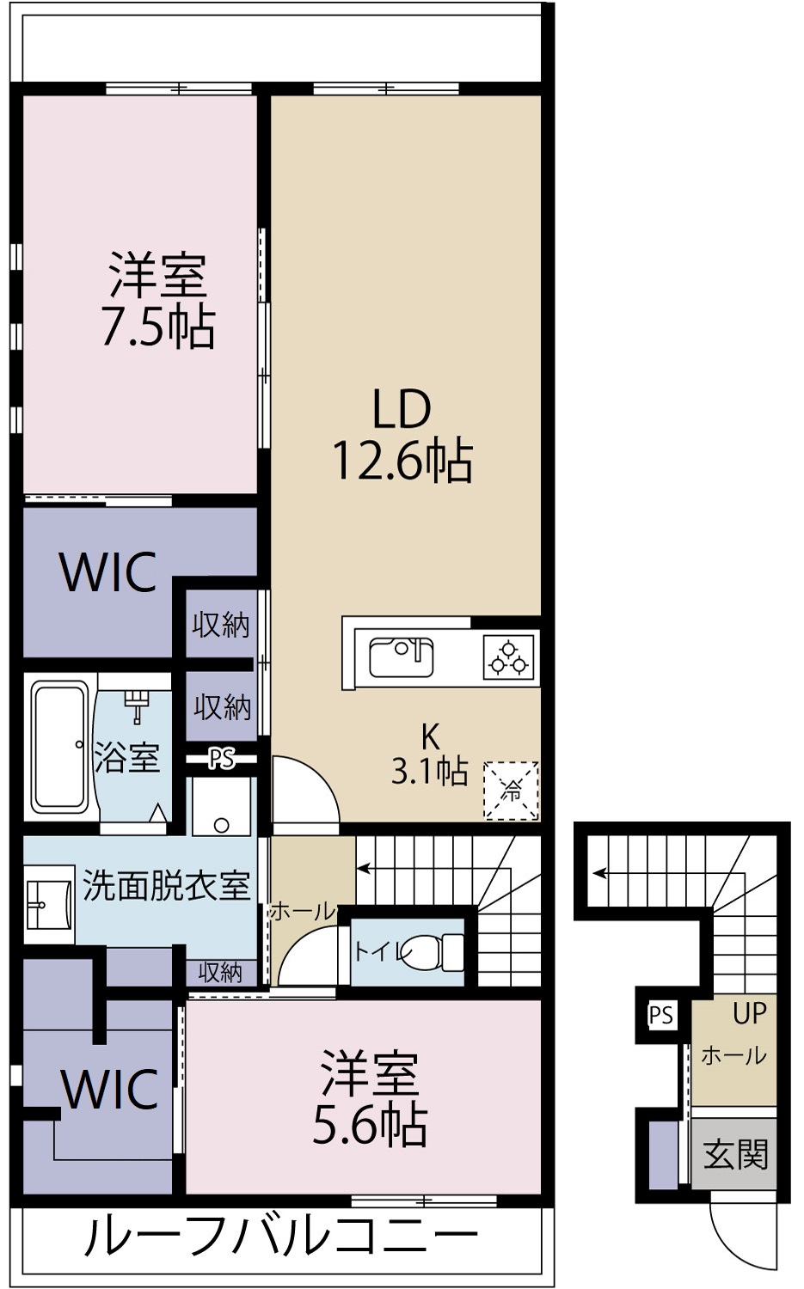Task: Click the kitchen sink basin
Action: [x=401, y=657]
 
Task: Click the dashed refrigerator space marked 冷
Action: [x=511, y=791]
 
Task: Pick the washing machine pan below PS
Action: [x=221, y=808]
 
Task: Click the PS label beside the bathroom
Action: [x=221, y=760]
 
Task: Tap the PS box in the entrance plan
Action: [x=661, y=1016]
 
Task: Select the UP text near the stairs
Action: [x=749, y=1013]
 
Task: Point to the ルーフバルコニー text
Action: [x=279, y=1238]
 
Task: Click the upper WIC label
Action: [x=108, y=571]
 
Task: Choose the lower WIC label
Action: [x=110, y=1090]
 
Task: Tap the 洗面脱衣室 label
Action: [x=166, y=885]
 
